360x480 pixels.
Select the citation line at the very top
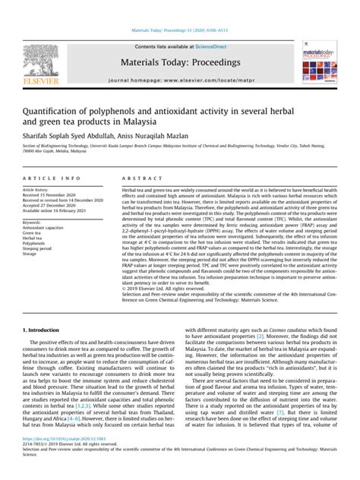pyautogui.click(x=179, y=8)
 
